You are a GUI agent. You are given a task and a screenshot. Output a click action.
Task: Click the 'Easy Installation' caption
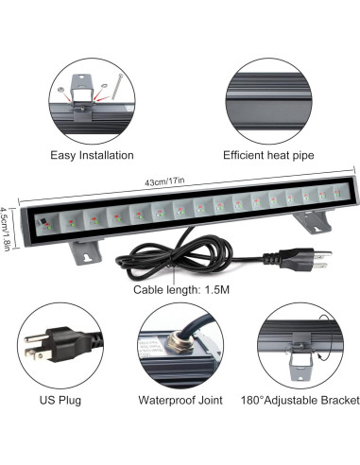click(92, 154)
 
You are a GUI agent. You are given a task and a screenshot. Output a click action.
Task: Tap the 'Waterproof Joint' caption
click(180, 401)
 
